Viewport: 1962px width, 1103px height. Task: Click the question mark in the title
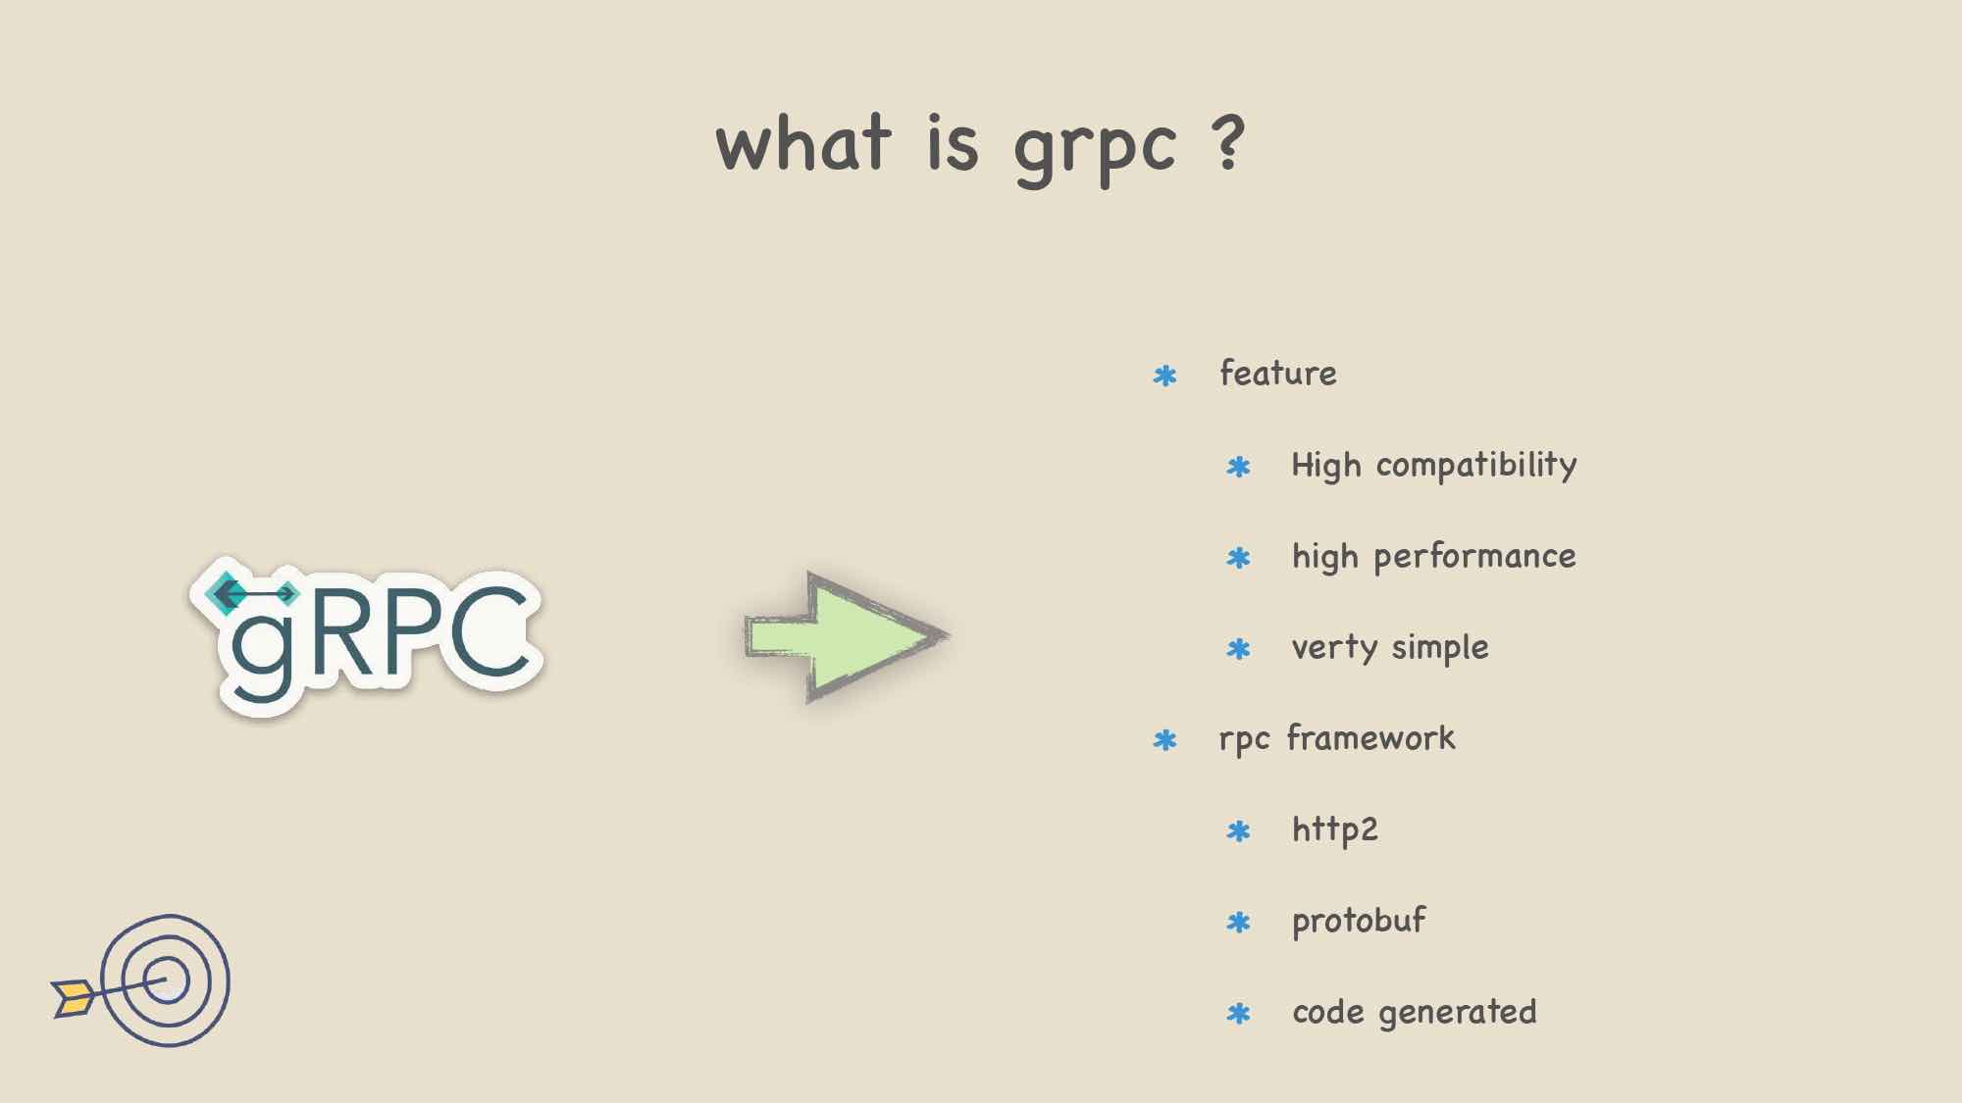pos(1228,143)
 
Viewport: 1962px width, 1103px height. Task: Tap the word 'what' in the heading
pos(803,141)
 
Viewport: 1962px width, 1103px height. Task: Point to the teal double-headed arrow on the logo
pos(253,593)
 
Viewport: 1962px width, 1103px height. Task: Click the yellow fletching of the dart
pos(74,997)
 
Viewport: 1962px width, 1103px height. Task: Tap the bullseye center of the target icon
pos(166,980)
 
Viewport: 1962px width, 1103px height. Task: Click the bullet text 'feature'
pos(1277,373)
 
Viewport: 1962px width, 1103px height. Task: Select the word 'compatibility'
pos(1476,466)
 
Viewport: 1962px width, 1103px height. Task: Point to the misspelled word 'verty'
pos(1334,648)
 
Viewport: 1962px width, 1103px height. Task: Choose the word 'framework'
pos(1370,737)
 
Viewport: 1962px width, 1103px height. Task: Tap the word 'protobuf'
pos(1359,921)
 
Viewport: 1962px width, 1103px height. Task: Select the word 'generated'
pos(1457,1013)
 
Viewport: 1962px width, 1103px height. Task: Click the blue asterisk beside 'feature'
pos(1164,376)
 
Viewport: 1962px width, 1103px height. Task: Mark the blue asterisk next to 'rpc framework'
pos(1164,740)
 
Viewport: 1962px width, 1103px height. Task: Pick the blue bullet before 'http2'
pos(1238,831)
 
